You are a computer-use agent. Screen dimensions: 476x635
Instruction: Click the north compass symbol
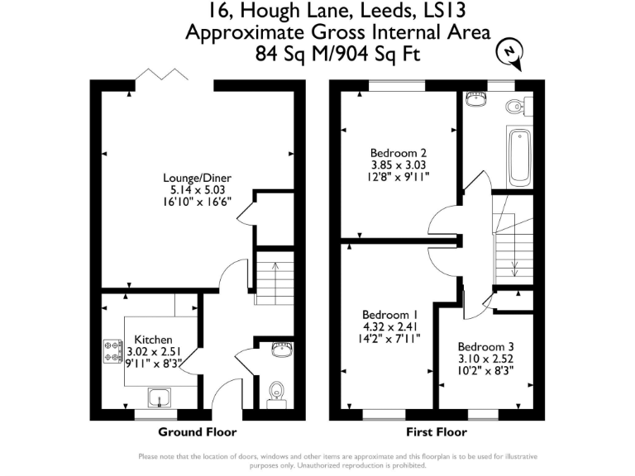[512, 53]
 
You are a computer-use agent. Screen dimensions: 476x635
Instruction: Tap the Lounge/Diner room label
[197, 178]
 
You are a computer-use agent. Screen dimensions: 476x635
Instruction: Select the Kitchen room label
[154, 340]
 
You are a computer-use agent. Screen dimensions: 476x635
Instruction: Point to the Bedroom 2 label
[399, 153]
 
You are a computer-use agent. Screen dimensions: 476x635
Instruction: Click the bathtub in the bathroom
[518, 157]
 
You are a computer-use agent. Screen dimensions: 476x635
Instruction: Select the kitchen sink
[159, 398]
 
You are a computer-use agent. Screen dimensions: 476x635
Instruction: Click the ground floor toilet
[275, 393]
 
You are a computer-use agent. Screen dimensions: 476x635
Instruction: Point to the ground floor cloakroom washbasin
[283, 350]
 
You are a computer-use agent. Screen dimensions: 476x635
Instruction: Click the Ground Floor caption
[197, 432]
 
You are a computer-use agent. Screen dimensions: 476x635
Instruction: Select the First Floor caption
[437, 432]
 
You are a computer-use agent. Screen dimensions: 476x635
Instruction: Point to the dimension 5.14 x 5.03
[197, 189]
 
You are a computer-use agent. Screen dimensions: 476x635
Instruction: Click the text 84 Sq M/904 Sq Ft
[337, 53]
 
